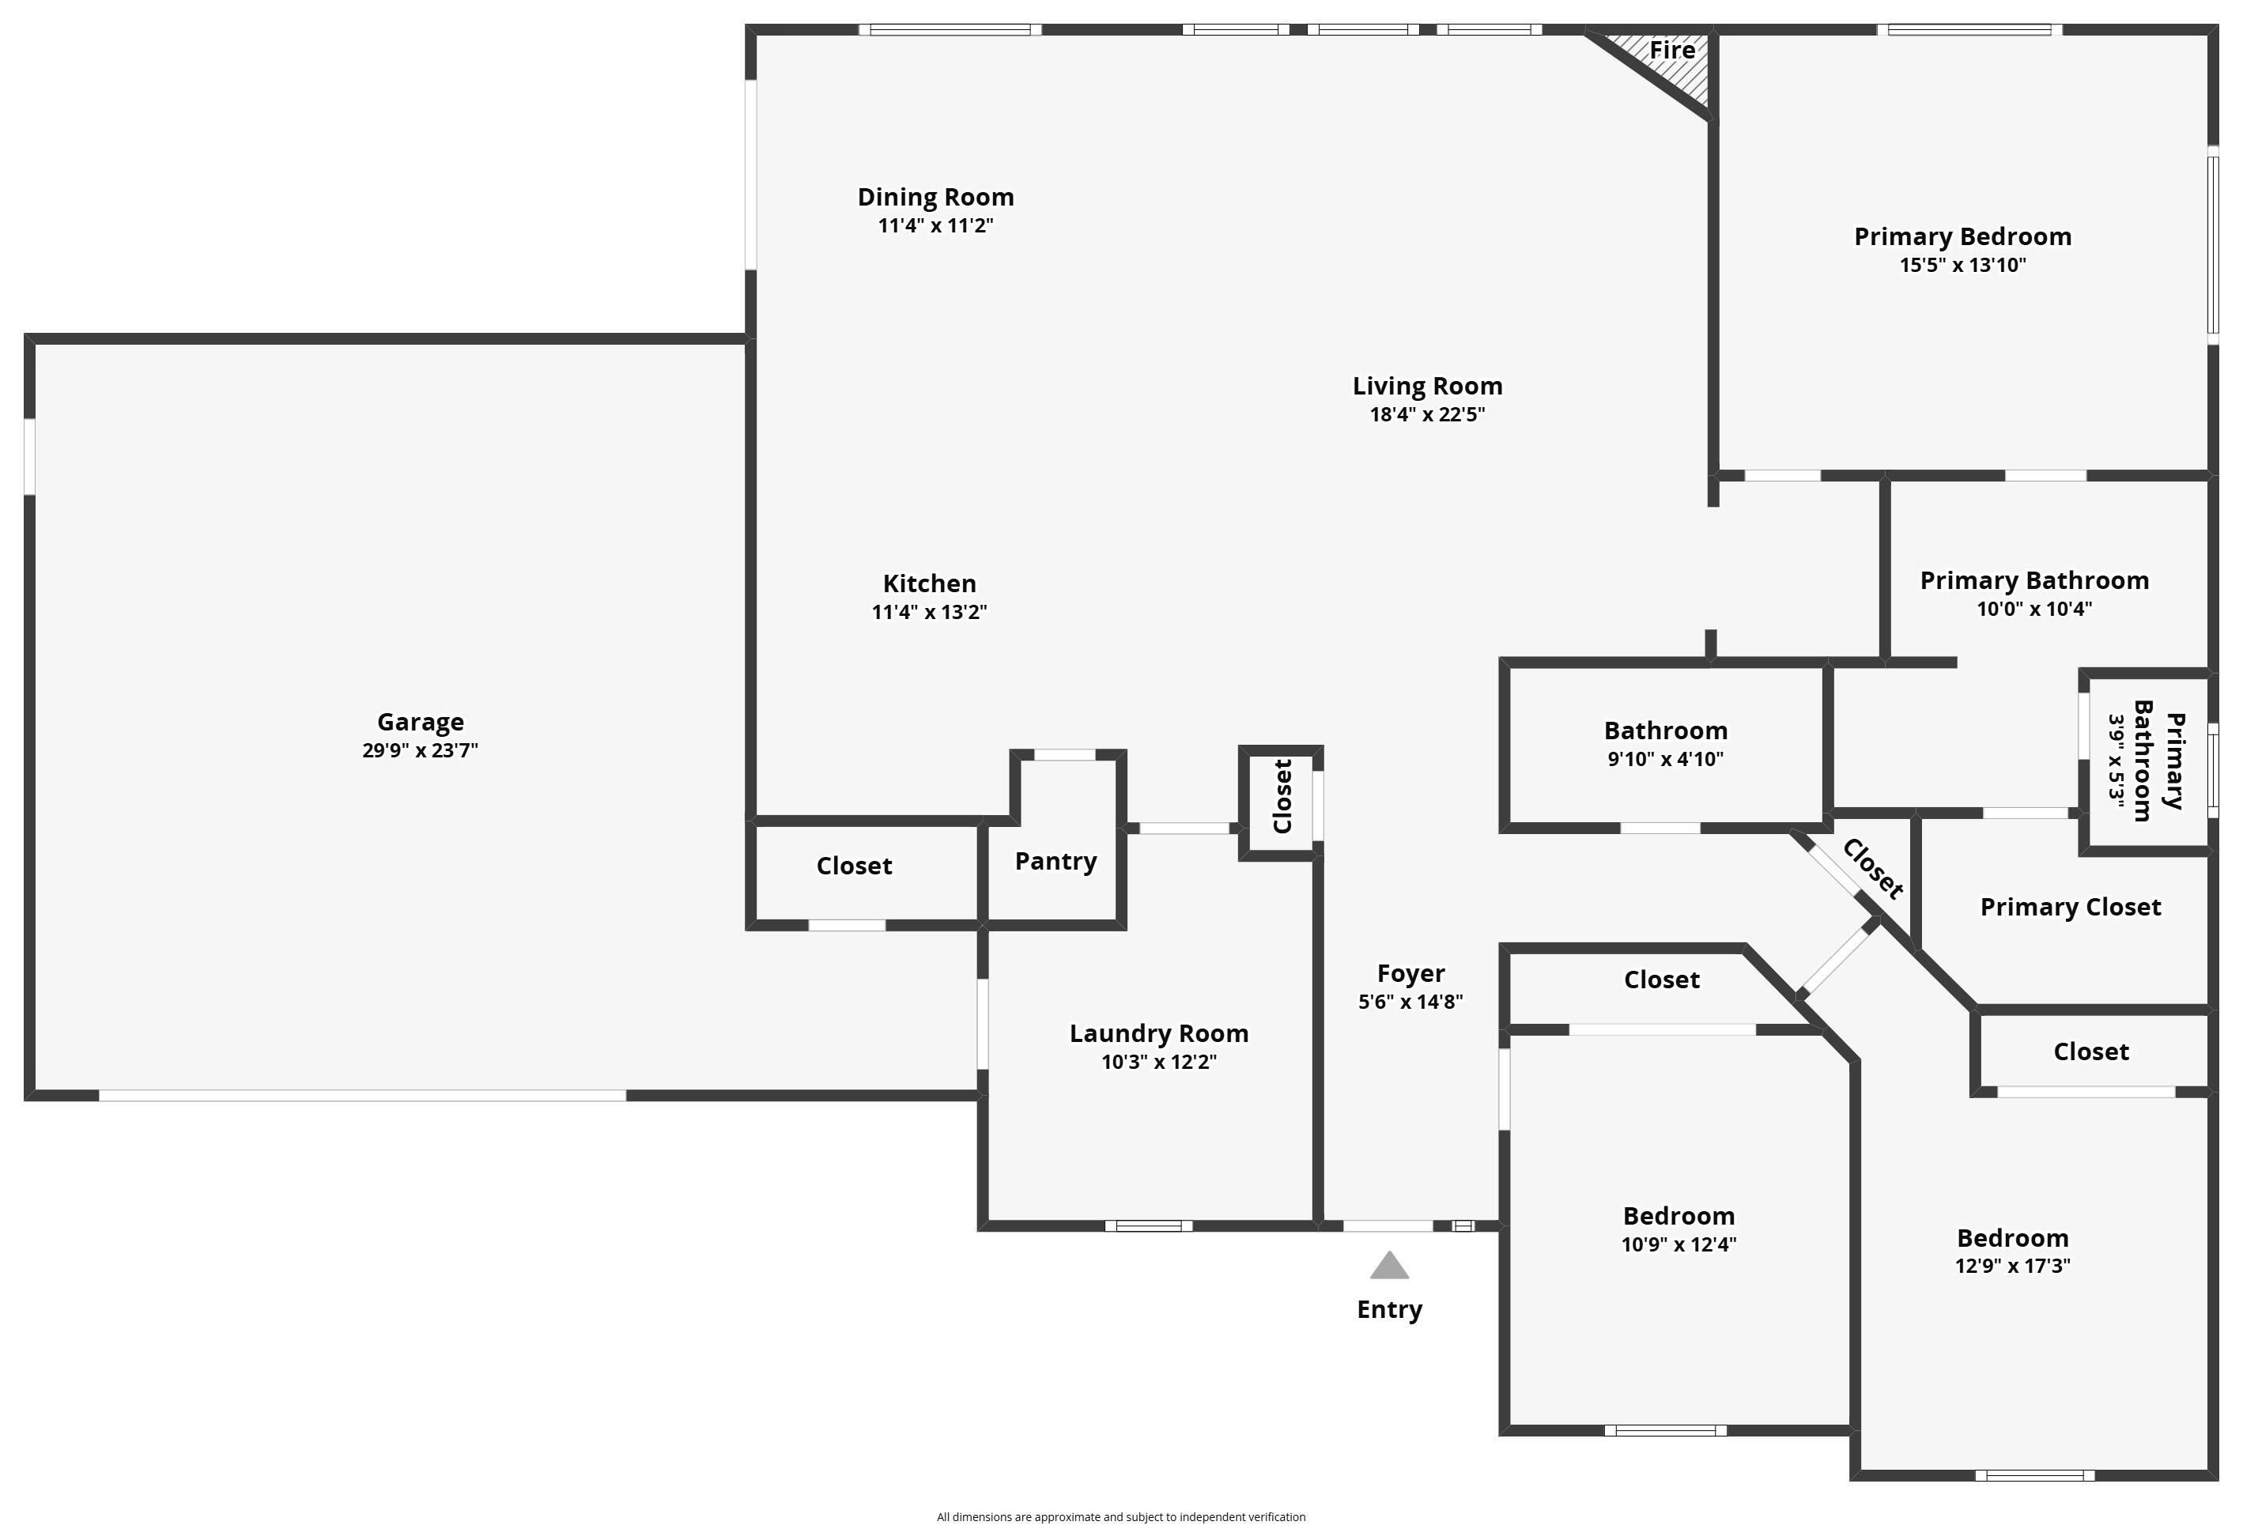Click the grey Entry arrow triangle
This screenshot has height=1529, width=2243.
point(1389,1267)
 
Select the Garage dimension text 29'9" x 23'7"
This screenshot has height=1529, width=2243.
point(420,751)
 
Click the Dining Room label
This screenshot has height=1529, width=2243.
point(935,197)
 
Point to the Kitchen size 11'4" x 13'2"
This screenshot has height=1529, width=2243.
point(928,612)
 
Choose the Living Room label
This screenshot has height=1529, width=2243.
point(1426,386)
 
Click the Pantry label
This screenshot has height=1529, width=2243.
point(1055,861)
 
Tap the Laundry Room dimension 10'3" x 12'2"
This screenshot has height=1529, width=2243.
point(1158,1063)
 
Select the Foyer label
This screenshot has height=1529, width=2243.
point(1410,973)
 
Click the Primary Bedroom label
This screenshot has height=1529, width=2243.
point(1962,236)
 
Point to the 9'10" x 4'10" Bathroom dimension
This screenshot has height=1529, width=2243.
point(1665,760)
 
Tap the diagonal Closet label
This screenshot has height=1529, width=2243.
point(1872,869)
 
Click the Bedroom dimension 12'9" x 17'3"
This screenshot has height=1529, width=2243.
point(2012,1267)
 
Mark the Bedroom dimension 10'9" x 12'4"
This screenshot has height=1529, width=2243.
point(1678,1245)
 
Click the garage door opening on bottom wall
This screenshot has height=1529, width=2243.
point(362,1096)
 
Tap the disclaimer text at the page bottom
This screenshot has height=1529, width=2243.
point(1120,1517)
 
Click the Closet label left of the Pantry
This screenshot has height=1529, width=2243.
point(853,866)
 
